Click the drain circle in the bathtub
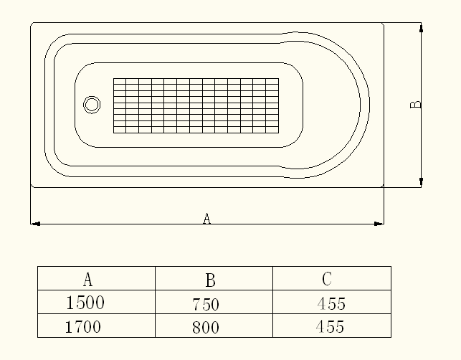(92, 96)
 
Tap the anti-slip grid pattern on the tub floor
(196, 105)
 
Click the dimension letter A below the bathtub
(206, 218)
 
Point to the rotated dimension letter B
(415, 105)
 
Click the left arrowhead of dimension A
(36, 224)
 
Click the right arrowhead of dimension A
(379, 224)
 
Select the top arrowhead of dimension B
(422, 28)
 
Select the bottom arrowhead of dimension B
(422, 181)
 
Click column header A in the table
(88, 279)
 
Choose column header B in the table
(210, 280)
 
